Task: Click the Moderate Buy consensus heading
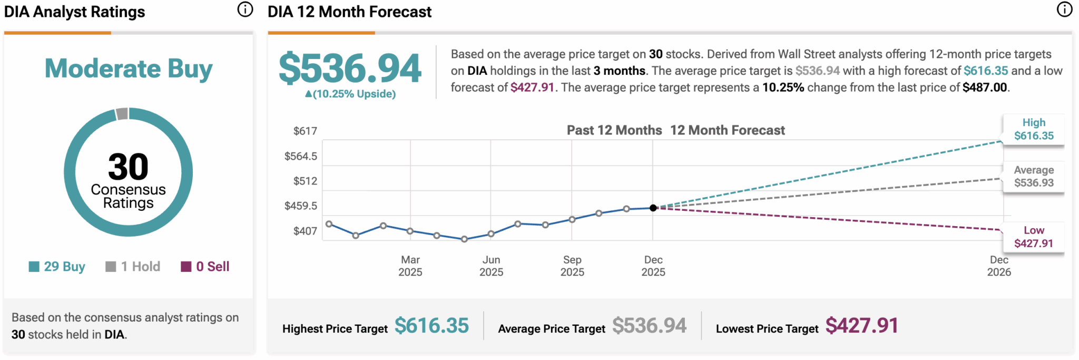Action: (129, 69)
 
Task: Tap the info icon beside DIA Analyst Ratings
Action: (245, 9)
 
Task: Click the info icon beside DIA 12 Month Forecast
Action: (1064, 9)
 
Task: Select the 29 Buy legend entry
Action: (57, 267)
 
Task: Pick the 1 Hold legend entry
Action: (133, 267)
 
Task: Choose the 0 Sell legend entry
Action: (205, 267)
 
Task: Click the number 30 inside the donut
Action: (128, 167)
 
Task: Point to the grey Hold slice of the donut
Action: (122, 113)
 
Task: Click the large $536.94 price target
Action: (350, 69)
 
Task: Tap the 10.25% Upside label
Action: (350, 94)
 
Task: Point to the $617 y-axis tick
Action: (305, 131)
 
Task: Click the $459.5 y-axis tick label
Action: (301, 206)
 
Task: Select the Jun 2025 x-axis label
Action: (491, 266)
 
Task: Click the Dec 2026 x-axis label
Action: (999, 266)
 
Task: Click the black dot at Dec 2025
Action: (653, 208)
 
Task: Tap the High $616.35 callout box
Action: (1034, 129)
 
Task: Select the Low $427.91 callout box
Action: (1034, 237)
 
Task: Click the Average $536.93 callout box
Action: (1034, 177)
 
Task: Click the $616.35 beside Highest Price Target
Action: (431, 326)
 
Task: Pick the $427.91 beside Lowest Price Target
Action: (861, 326)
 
